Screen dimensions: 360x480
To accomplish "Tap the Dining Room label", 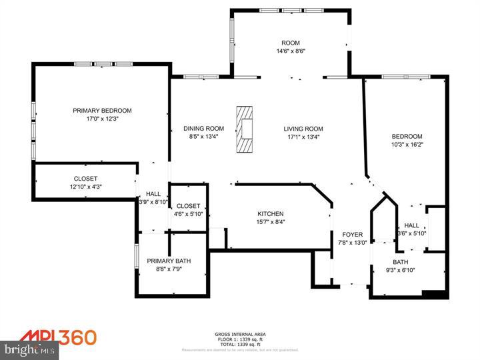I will [203, 129].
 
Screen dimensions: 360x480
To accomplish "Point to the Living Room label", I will [303, 129].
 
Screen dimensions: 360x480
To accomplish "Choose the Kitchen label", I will [271, 213].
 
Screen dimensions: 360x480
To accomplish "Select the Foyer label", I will [353, 235].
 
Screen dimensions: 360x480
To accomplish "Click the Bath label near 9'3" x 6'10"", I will [400, 262].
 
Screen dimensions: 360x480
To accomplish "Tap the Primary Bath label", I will [169, 261].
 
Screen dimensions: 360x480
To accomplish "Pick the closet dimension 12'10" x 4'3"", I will [85, 187].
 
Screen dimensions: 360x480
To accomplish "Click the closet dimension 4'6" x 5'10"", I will [189, 214].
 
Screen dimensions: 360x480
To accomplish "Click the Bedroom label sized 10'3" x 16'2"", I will [406, 136].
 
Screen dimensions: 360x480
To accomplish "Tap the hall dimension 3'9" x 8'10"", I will [153, 201].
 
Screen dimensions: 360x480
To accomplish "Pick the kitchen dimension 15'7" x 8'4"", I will [271, 222].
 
